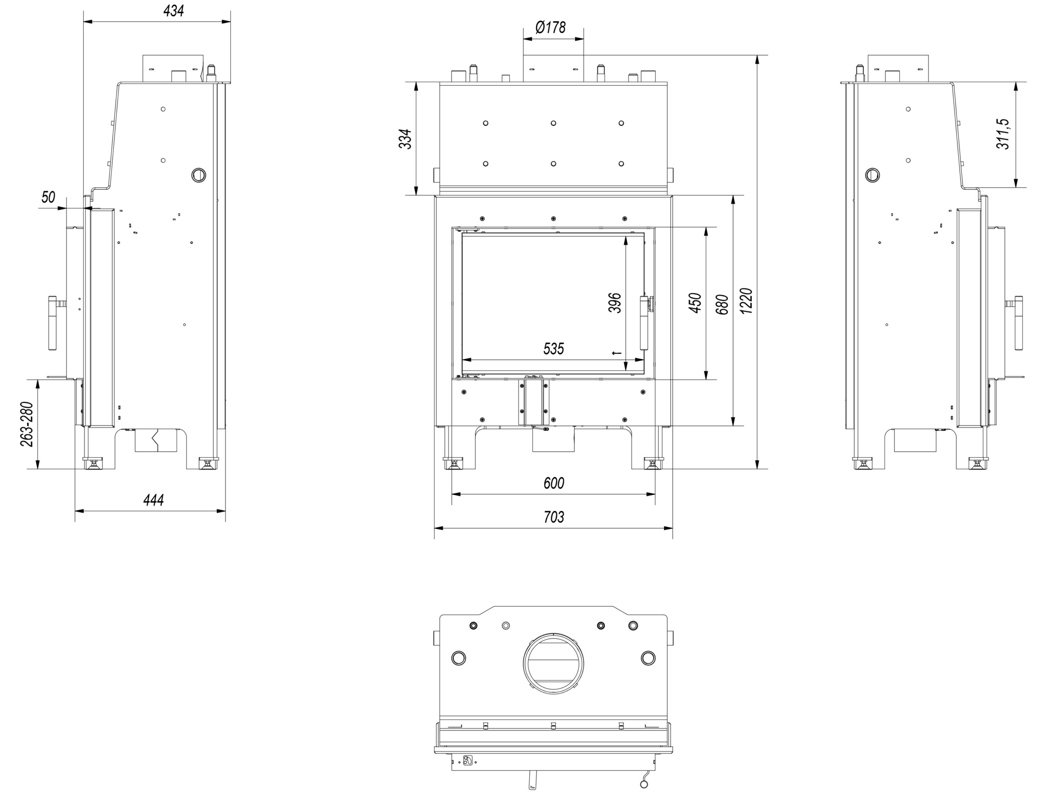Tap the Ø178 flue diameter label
(x=550, y=27)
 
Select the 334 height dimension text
(x=405, y=139)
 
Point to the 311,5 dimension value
(x=1003, y=134)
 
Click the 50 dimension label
(x=48, y=197)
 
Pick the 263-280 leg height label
(x=27, y=424)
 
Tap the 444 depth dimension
(x=153, y=500)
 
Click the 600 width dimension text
(x=553, y=483)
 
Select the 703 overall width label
(x=553, y=517)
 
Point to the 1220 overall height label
(x=746, y=301)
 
